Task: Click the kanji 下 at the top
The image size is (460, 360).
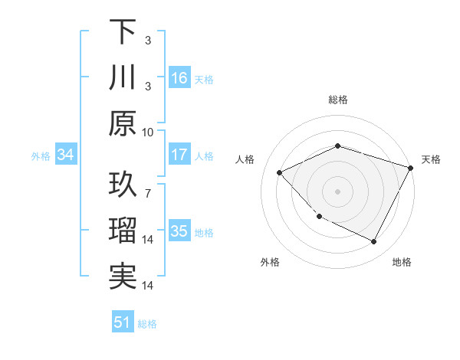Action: pos(123,32)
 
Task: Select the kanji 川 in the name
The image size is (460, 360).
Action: pos(123,78)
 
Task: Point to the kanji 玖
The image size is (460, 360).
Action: pos(123,185)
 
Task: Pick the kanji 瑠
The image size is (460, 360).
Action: pos(123,231)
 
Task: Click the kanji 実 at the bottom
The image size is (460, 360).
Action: pos(123,277)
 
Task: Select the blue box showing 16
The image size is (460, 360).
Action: pos(179,78)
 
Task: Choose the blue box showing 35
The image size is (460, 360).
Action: pos(179,232)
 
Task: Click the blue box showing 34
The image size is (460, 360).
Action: pos(65,155)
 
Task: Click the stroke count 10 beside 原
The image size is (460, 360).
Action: pos(148,132)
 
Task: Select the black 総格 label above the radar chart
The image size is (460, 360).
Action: pos(338,100)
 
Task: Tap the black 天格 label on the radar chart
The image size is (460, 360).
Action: pos(432,159)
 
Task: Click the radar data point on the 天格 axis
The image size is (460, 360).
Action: pos(411,168)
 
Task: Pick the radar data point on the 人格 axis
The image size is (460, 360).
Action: pos(280,173)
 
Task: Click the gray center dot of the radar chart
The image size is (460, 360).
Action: pos(338,191)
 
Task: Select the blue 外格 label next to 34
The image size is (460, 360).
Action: pos(41,156)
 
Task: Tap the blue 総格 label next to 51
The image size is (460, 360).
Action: pos(147,324)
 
